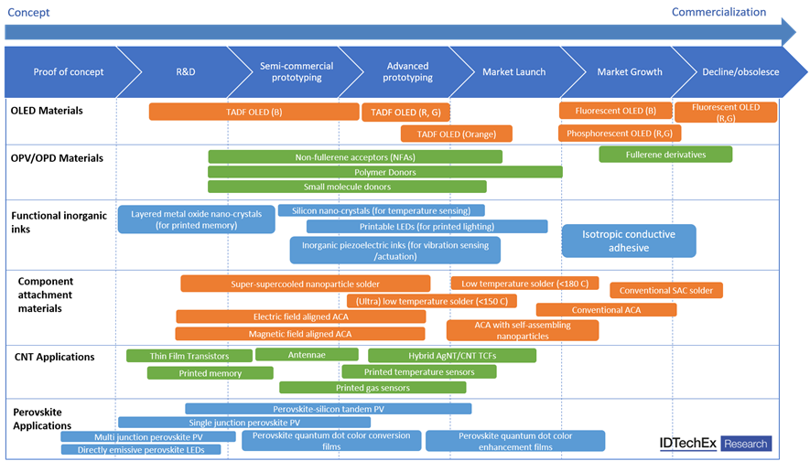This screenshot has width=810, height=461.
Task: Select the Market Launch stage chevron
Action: pos(508,71)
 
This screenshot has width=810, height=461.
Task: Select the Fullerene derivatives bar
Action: pos(665,155)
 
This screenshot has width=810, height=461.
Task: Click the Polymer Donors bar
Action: pos(384,172)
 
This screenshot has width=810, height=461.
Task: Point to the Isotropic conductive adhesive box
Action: pos(628,241)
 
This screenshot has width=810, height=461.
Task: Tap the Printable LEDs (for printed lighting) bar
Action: pos(427,226)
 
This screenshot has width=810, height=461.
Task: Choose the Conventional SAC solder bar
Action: pos(666,290)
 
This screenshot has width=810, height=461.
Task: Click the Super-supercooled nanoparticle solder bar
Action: pos(305,284)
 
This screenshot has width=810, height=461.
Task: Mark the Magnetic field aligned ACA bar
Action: pos(300,334)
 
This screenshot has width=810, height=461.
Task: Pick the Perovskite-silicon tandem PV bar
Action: pos(328,409)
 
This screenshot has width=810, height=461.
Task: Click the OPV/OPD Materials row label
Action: pos(57,158)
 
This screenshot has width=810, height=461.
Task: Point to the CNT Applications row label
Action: pos(54,356)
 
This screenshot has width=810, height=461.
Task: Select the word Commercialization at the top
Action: pos(718,12)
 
